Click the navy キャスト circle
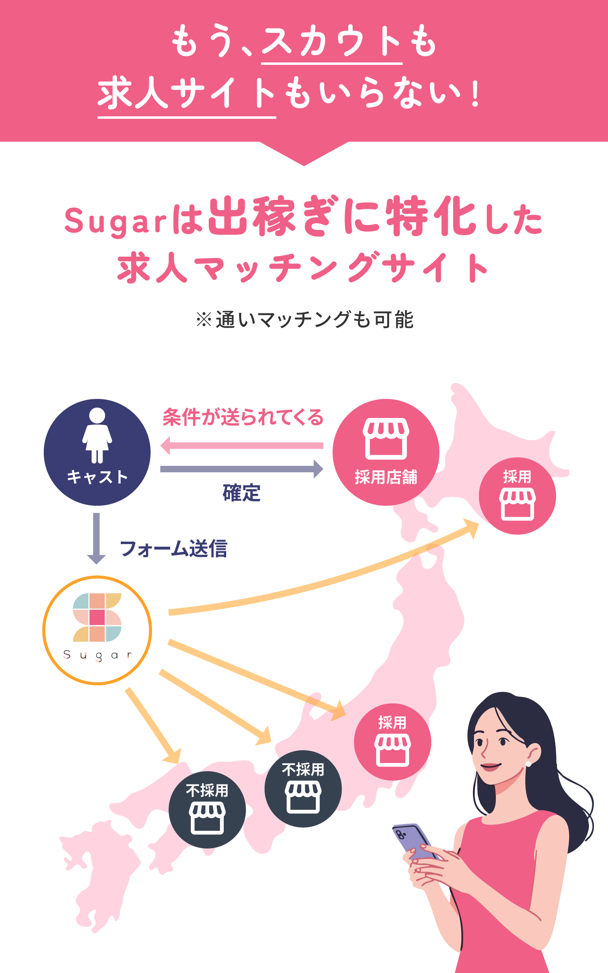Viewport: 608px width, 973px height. pyautogui.click(x=97, y=452)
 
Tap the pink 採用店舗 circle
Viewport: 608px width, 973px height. pyautogui.click(x=385, y=452)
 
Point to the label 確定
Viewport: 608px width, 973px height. pyautogui.click(x=242, y=493)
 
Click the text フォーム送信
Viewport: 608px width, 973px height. pyautogui.click(x=173, y=549)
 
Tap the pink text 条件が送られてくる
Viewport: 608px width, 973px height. pyautogui.click(x=243, y=417)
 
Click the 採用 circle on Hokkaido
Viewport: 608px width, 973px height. pyautogui.click(x=517, y=496)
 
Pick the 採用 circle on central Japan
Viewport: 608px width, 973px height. pyautogui.click(x=392, y=742)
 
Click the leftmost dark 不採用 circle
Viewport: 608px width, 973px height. pyautogui.click(x=207, y=810)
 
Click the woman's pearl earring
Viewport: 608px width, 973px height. pyautogui.click(x=528, y=764)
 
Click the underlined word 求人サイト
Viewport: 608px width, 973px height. pyautogui.click(x=187, y=93)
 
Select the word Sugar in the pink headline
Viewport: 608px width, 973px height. pyautogui.click(x=116, y=221)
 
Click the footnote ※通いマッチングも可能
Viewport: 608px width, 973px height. pyautogui.click(x=304, y=319)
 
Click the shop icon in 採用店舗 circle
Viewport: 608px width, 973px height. pyautogui.click(x=385, y=439)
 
